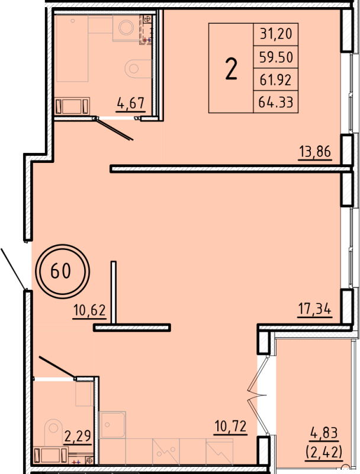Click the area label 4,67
coord(131,105)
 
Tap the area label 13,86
coord(314,153)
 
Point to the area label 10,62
coord(89,310)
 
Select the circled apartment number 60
coord(61,271)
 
